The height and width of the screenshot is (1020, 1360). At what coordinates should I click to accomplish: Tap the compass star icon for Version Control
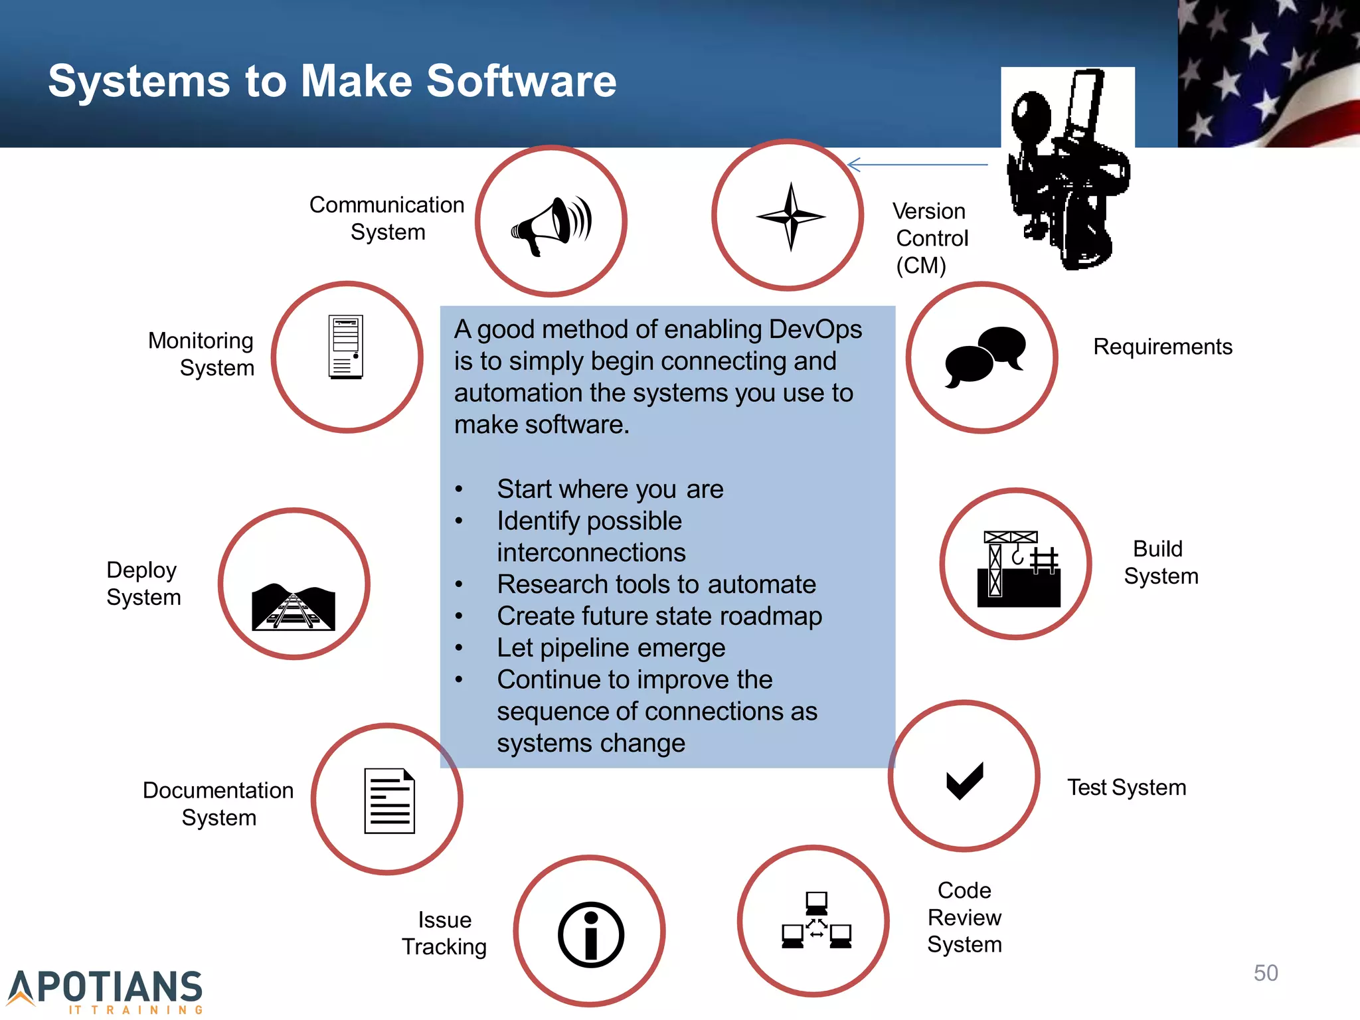pyautogui.click(x=790, y=216)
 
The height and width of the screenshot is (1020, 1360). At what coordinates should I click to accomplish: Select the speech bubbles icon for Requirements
pyautogui.click(x=985, y=356)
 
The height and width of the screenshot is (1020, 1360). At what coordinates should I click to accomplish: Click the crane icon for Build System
pyautogui.click(x=1018, y=568)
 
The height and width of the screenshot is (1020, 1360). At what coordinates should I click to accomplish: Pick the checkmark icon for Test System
pyautogui.click(x=964, y=780)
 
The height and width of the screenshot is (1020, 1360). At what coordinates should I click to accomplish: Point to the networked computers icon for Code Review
pyautogui.click(x=816, y=920)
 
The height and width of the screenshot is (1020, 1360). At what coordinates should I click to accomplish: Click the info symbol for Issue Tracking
pyautogui.click(x=590, y=934)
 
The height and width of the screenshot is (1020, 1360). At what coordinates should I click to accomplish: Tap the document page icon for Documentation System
pyautogui.click(x=389, y=801)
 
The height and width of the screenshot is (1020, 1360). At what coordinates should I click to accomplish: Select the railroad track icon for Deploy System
pyautogui.click(x=294, y=607)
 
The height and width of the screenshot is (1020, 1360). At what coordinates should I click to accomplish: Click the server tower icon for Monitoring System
pyautogui.click(x=346, y=347)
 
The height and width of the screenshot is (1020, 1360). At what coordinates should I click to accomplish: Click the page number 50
pyautogui.click(x=1265, y=973)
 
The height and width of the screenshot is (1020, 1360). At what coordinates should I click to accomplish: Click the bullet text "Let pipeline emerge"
pyautogui.click(x=611, y=647)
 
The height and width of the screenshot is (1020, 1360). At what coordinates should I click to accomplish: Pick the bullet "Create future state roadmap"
pyautogui.click(x=659, y=616)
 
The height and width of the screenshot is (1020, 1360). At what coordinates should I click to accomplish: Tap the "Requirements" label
pyautogui.click(x=1162, y=347)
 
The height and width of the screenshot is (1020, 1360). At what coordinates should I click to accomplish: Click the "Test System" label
pyautogui.click(x=1126, y=787)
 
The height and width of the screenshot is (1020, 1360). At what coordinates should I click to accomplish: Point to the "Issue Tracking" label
pyautogui.click(x=444, y=933)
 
